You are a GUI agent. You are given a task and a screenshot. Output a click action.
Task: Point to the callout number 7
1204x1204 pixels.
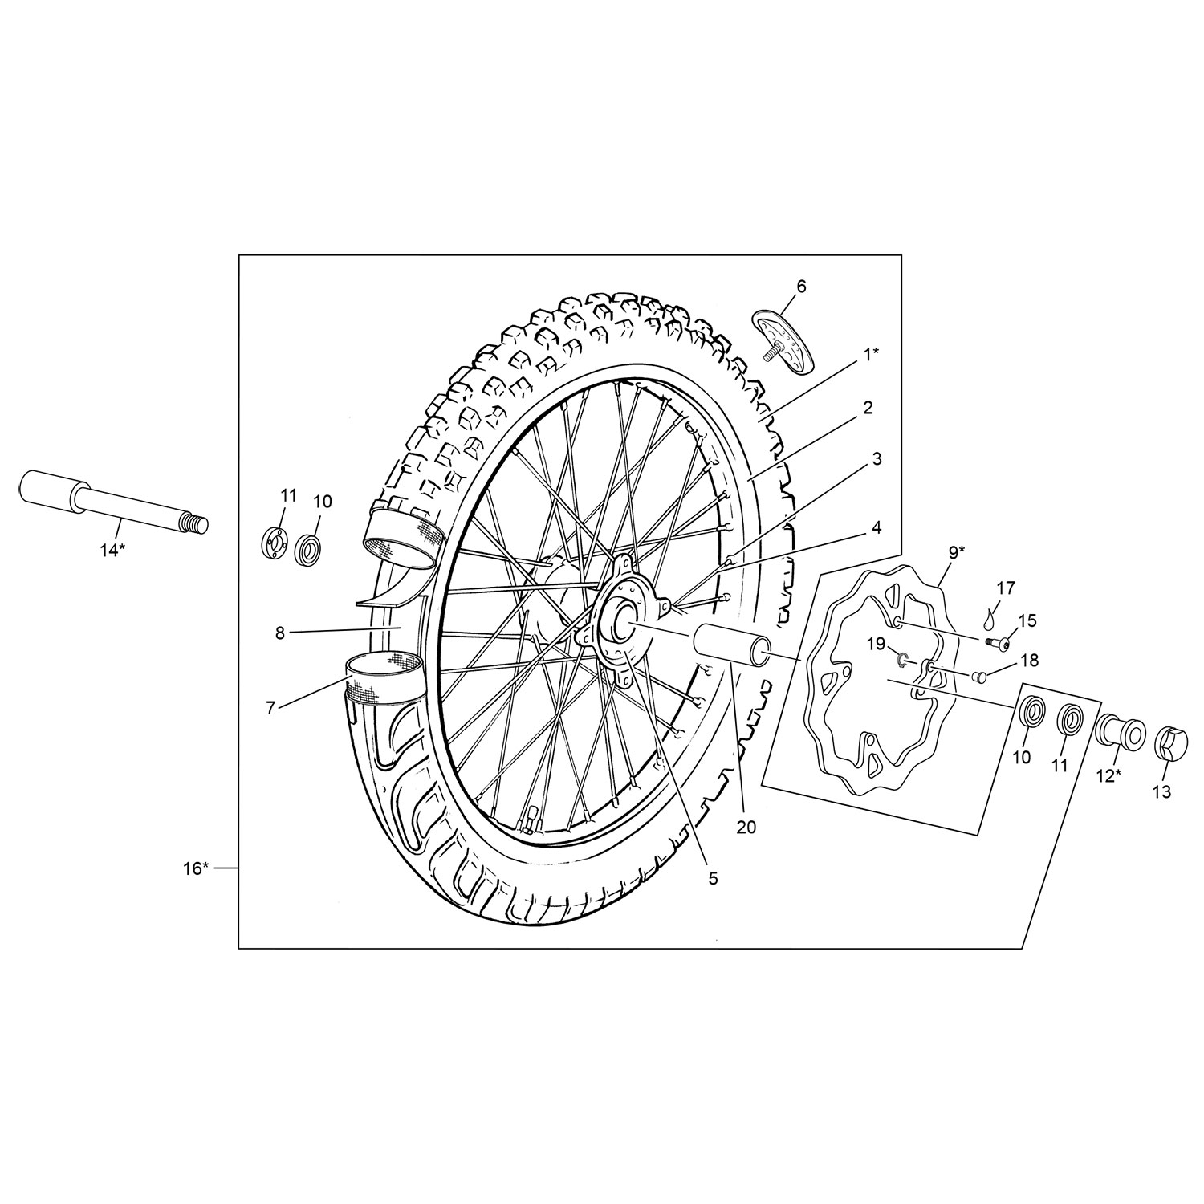(270, 707)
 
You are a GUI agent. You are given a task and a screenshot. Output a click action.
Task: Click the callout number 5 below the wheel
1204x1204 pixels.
(713, 878)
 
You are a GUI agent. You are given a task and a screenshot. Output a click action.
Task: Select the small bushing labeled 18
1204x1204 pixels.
(978, 676)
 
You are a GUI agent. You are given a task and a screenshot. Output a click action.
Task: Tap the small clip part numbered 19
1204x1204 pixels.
(903, 660)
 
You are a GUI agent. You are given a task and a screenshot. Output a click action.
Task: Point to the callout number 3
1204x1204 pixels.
(877, 458)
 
